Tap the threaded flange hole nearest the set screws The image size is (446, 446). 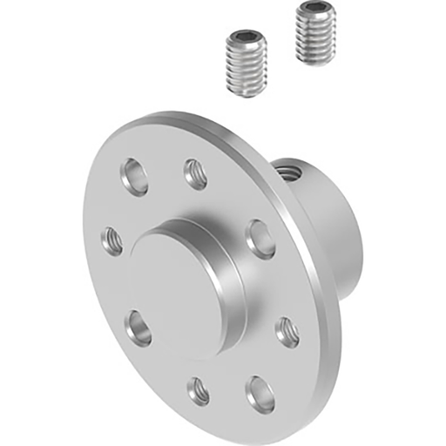click(x=195, y=174)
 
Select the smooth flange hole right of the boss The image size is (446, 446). click(x=260, y=238)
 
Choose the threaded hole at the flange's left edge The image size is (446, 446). click(x=112, y=240)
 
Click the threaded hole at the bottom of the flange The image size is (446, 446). click(x=199, y=391)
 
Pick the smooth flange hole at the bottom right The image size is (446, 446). click(x=259, y=392)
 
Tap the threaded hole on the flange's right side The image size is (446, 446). click(x=287, y=331)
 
